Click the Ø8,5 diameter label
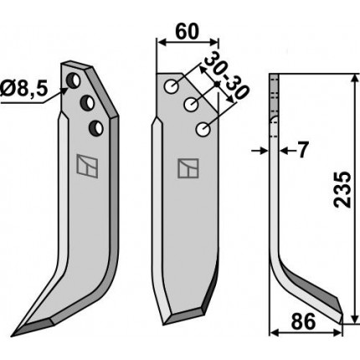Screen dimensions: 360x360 coord(23,90)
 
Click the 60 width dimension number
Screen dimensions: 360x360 coord(188,32)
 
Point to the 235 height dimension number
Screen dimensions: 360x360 coord(342,189)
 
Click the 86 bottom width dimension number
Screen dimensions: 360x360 coord(303,321)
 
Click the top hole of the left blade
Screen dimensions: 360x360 coord(74,80)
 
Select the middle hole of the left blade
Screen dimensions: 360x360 coord(87,103)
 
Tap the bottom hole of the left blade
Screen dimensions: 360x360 coord(96,128)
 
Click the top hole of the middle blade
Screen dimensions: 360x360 coord(172,86)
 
